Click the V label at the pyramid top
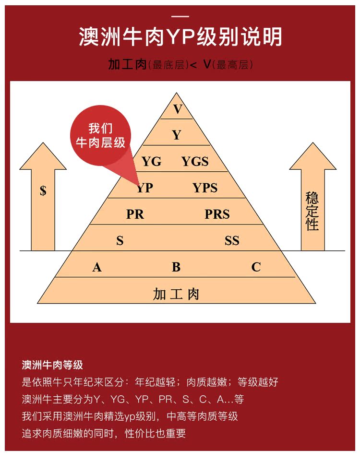pyautogui.click(x=178, y=109)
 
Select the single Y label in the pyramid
pyautogui.click(x=177, y=136)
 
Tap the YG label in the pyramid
pyautogui.click(x=151, y=162)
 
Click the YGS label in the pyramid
pyautogui.click(x=195, y=162)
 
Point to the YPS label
pyautogui.click(x=205, y=188)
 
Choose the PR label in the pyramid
pyautogui.click(x=135, y=214)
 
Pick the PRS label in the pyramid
pyautogui.click(x=217, y=214)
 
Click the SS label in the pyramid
pyautogui.click(x=232, y=241)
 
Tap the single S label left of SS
pyautogui.click(x=120, y=241)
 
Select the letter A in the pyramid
pyautogui.click(x=97, y=267)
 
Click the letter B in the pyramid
pyautogui.click(x=176, y=267)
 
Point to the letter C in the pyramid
pyautogui.click(x=256, y=267)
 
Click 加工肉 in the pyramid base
pyautogui.click(x=176, y=294)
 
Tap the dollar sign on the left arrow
pyautogui.click(x=43, y=191)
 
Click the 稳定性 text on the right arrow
pyautogui.click(x=312, y=211)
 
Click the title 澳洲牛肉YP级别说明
pyautogui.click(x=180, y=37)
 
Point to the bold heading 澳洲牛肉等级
pyautogui.click(x=52, y=365)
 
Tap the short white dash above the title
pyautogui.click(x=180, y=16)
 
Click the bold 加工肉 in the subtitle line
pyautogui.click(x=127, y=64)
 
